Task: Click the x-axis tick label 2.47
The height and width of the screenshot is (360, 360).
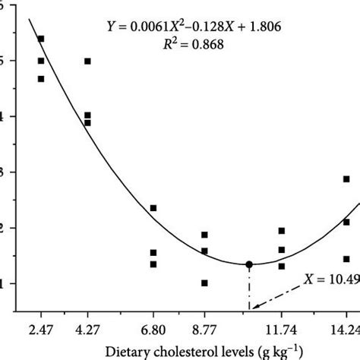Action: (x=41, y=329)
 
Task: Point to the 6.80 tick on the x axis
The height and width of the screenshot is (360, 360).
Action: (x=153, y=329)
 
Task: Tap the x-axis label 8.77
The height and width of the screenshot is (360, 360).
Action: (x=204, y=329)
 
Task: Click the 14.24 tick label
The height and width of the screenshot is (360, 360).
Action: (x=344, y=329)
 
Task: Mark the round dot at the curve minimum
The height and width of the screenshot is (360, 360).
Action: (x=249, y=264)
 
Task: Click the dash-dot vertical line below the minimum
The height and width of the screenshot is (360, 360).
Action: (x=249, y=289)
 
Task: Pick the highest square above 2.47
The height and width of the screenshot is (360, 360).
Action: (x=41, y=39)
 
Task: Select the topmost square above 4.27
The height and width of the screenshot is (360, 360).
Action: (x=87, y=62)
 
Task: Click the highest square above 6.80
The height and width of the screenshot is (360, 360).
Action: (x=153, y=208)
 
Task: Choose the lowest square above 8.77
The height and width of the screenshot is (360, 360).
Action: (x=204, y=283)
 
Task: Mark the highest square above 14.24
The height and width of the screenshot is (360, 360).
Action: (x=346, y=179)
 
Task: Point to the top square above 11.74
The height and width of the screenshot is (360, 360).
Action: (x=282, y=231)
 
